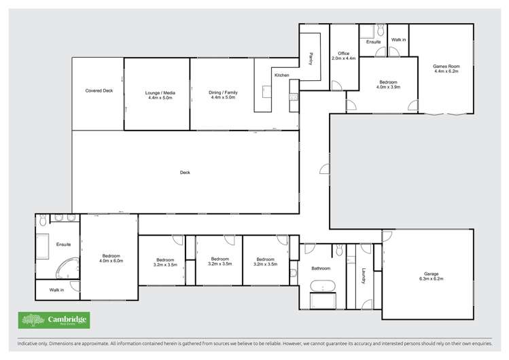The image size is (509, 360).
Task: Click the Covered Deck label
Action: click(99, 90)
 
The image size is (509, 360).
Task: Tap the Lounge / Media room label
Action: click(156, 94)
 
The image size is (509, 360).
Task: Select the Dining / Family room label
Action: click(223, 94)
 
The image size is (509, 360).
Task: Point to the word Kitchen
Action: click(282, 75)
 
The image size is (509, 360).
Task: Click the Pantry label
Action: click(311, 58)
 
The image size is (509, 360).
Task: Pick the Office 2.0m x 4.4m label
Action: click(343, 56)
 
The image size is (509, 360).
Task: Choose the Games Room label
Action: click(446, 68)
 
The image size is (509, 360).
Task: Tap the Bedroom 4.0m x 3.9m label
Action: click(388, 84)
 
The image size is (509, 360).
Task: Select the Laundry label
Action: click(364, 275)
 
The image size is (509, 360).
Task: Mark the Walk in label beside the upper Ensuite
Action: click(398, 40)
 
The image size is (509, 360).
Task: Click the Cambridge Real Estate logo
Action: click(54, 320)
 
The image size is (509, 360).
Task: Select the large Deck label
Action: click(185, 173)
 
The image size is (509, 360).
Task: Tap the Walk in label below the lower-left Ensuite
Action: click(57, 290)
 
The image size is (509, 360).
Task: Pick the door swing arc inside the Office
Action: click(337, 85)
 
